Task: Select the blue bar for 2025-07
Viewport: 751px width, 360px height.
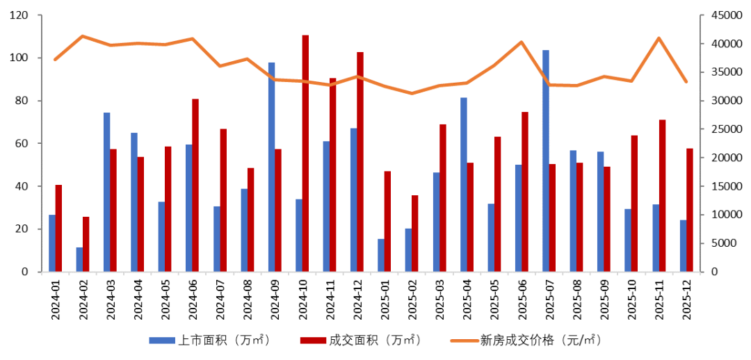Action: coord(546,161)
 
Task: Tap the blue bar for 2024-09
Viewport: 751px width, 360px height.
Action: coord(271,167)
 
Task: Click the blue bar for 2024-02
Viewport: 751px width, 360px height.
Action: coord(79,259)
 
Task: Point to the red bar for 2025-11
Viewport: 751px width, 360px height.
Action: coord(663,195)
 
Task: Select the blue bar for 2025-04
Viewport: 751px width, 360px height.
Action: coord(463,184)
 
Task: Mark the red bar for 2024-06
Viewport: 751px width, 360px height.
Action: coord(195,185)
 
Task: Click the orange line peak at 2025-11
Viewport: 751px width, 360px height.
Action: coord(659,38)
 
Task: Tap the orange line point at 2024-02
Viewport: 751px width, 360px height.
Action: coord(83,36)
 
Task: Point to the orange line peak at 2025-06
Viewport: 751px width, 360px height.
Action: coord(522,42)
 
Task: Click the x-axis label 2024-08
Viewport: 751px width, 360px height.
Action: coord(248,300)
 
